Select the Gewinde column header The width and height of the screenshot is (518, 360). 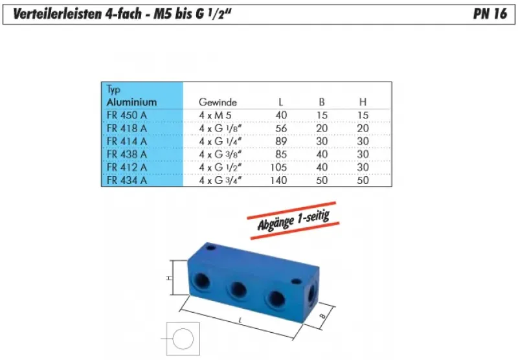coord(218,102)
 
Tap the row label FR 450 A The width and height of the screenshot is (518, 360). coord(126,115)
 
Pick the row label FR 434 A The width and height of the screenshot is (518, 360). coord(126,181)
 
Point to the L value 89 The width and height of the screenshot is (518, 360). coord(280,141)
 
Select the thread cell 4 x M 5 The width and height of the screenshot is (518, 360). coord(214,115)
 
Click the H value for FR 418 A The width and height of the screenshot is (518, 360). coord(363,128)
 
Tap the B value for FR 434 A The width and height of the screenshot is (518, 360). coord(321,181)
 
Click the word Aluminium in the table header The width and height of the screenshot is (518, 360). coord(131,102)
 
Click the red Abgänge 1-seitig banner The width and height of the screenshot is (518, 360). coord(293,220)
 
